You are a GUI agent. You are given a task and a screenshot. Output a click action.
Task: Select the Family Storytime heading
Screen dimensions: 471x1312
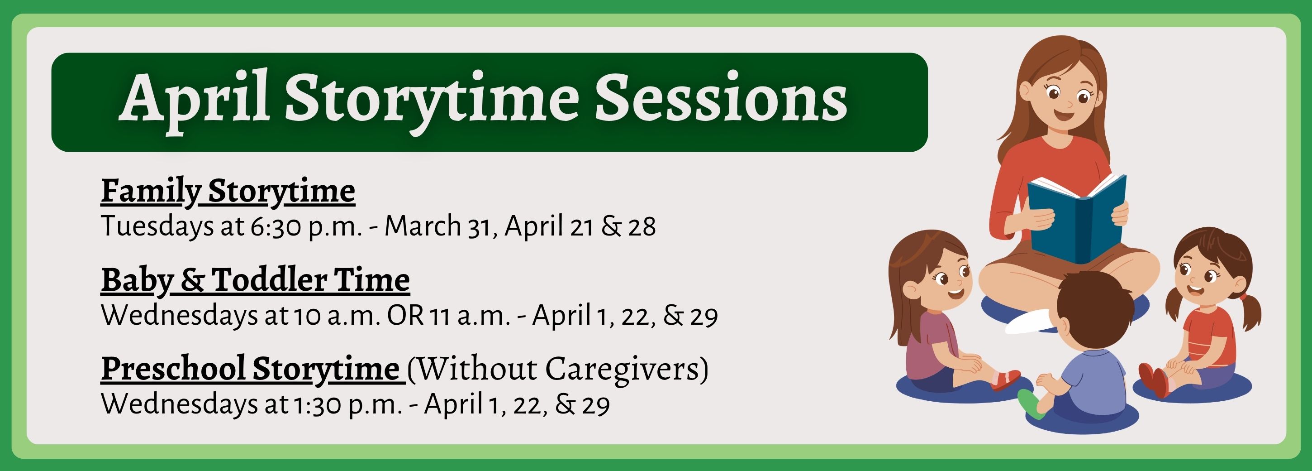(228, 192)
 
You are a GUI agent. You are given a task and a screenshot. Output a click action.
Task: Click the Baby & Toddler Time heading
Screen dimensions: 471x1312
(255, 280)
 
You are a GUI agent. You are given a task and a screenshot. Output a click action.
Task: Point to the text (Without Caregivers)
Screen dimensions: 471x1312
(558, 369)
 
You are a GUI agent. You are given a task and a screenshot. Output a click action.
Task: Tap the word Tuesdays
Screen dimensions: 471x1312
(157, 226)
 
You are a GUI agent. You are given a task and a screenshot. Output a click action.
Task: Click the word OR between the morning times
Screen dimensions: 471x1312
(405, 316)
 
